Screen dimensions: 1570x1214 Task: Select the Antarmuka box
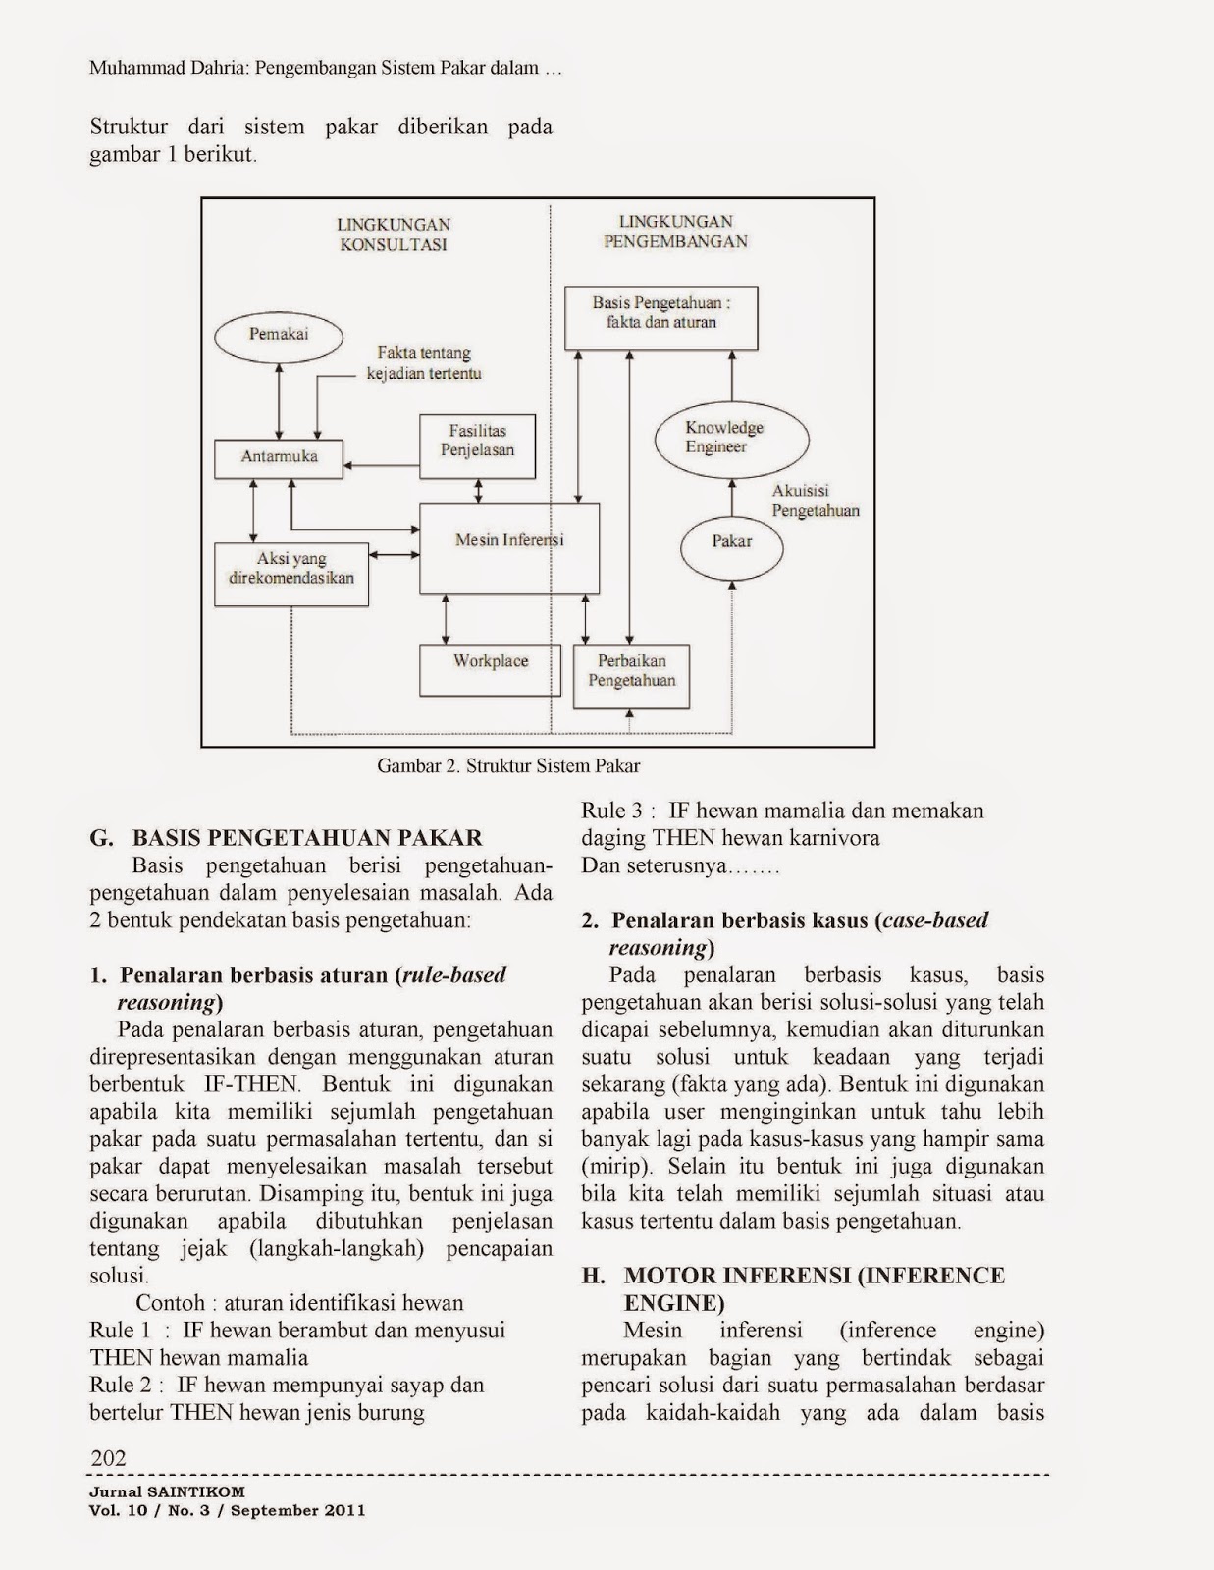pos(280,457)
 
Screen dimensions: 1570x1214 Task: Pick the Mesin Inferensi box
pos(508,548)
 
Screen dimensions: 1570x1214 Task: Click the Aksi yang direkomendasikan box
pos(291,573)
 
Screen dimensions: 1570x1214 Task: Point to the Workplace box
pos(490,669)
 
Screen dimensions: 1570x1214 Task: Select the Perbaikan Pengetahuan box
pos(631,676)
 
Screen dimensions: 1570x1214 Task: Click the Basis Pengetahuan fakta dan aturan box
pos(661,318)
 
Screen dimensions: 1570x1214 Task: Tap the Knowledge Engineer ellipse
pos(731,438)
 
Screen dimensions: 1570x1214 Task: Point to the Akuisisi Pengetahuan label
pos(815,500)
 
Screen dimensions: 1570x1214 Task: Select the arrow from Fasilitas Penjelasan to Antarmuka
pos(383,466)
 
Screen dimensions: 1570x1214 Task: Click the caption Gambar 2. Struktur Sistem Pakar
pos(508,766)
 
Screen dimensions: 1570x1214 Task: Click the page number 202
pos(108,1458)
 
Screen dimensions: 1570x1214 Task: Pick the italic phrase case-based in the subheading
pos(934,920)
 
